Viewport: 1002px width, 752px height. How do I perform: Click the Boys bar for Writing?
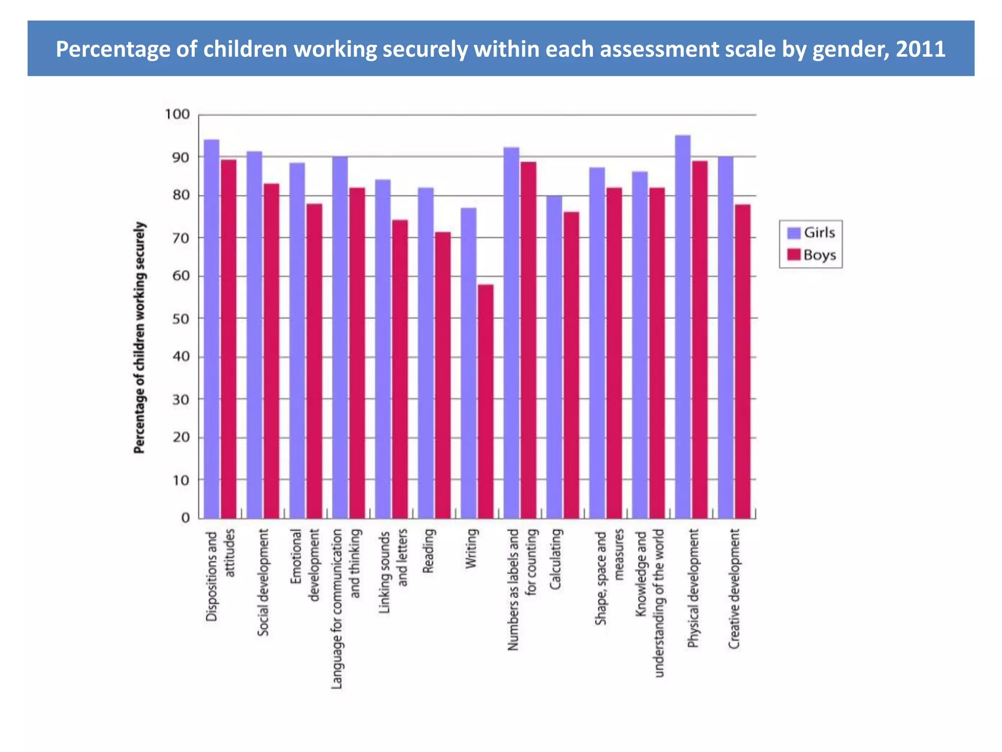[x=485, y=401]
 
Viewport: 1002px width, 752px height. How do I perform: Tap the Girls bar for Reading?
[x=426, y=353]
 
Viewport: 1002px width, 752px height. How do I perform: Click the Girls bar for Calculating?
[x=554, y=357]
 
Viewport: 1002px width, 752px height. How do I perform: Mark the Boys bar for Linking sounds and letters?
[x=400, y=369]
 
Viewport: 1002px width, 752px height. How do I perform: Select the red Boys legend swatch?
[x=794, y=255]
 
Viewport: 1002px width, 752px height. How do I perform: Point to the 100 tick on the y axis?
[x=177, y=115]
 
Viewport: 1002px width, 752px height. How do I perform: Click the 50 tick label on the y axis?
[x=181, y=319]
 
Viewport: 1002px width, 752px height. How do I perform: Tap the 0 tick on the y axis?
[x=185, y=517]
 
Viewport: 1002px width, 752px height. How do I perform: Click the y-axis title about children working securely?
[x=139, y=338]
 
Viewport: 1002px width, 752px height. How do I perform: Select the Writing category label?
[x=471, y=548]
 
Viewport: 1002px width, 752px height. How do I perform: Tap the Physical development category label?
[x=693, y=588]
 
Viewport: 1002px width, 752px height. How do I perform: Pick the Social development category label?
[x=263, y=582]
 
